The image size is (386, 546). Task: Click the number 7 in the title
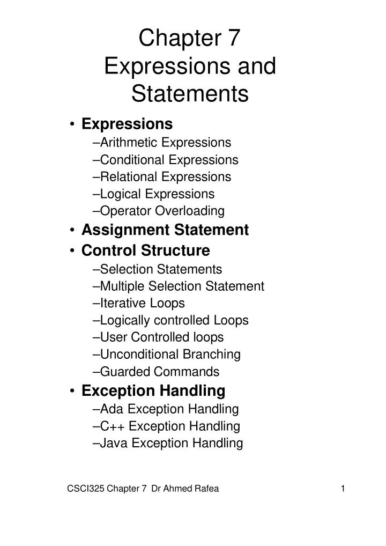pos(234,38)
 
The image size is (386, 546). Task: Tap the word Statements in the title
pos(190,93)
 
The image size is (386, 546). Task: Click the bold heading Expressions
pos(127,124)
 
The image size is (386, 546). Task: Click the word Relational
pos(129,177)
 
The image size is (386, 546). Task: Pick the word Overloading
pos(190,211)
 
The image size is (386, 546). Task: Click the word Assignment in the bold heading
pos(125,230)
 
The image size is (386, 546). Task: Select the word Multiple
pos(122,286)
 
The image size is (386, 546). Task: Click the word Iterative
pos(118,303)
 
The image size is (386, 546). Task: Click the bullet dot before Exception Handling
pos(72,391)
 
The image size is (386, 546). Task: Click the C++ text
pos(113,426)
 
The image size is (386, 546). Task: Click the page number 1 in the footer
pos(343,489)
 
